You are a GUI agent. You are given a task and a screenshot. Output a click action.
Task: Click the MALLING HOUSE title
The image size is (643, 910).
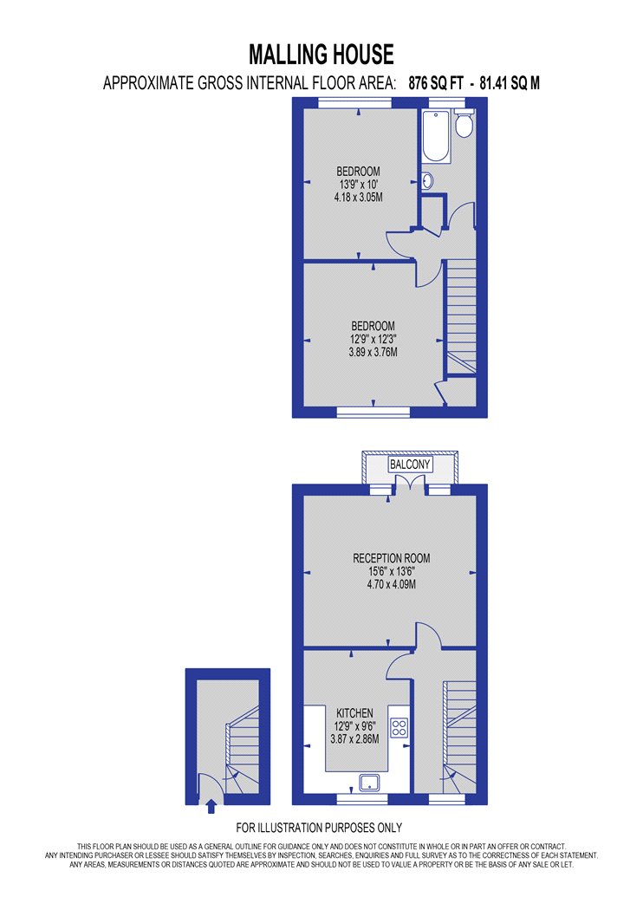click(321, 55)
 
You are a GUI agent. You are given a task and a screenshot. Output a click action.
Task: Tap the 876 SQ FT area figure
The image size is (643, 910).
click(436, 83)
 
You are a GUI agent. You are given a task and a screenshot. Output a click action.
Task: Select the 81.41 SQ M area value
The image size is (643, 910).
click(510, 83)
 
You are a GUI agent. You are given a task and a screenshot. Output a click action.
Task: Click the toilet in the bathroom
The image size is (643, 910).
click(464, 124)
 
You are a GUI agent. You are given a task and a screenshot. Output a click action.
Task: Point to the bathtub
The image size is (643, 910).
click(437, 137)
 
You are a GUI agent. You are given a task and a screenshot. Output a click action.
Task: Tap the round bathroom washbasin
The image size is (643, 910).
click(427, 181)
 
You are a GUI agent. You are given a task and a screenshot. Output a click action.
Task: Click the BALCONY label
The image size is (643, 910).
click(410, 465)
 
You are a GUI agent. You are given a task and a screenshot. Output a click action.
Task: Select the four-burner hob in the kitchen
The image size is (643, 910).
click(399, 728)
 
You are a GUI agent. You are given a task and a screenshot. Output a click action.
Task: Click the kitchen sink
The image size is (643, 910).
click(369, 783)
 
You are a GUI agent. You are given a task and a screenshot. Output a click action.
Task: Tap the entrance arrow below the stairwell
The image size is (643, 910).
click(211, 806)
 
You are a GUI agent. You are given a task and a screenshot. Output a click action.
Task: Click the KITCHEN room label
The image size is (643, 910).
click(354, 713)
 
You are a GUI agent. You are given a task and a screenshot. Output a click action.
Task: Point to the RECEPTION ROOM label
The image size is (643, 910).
click(392, 558)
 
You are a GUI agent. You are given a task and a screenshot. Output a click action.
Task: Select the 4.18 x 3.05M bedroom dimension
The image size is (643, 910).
click(358, 198)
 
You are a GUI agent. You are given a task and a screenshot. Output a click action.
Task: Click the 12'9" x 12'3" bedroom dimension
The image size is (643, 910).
click(373, 339)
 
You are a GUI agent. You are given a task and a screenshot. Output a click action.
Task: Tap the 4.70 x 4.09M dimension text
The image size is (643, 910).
click(391, 584)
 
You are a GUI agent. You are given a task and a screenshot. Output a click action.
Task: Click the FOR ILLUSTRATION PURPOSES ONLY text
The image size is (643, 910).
click(319, 828)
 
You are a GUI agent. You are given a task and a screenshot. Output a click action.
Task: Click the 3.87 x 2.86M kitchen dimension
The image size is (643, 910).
click(354, 738)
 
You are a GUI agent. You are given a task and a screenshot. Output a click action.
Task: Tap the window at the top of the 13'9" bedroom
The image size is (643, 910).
click(355, 103)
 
